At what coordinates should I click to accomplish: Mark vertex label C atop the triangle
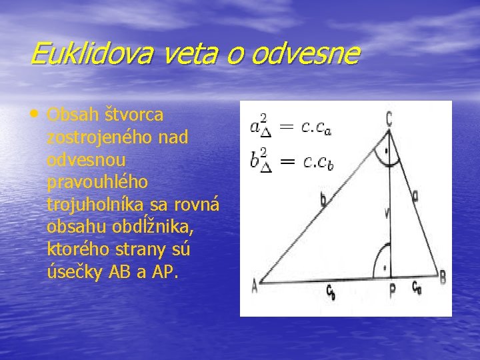tap(389, 119)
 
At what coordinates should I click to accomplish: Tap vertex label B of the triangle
tap(443, 276)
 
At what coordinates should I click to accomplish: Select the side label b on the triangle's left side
tap(323, 198)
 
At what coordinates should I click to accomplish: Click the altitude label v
tap(387, 214)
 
